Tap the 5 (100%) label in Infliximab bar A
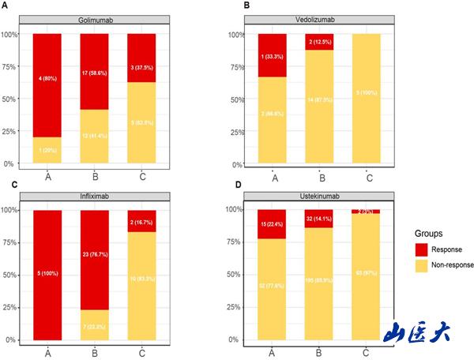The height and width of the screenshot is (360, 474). [47, 276]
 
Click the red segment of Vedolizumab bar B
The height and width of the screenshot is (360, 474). [321, 42]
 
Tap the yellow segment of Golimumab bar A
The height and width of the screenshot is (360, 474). [47, 150]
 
